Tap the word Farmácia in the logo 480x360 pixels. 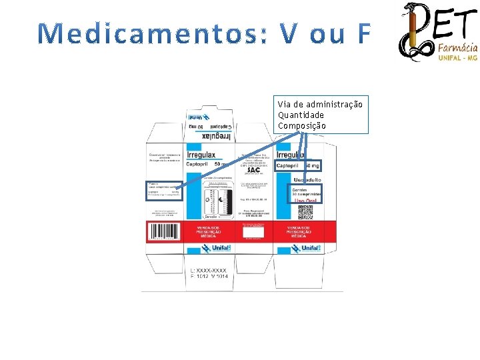click(457, 48)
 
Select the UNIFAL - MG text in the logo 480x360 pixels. click(458, 58)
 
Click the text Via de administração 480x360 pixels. click(320, 105)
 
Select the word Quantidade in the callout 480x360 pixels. click(301, 115)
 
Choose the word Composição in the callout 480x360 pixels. click(302, 125)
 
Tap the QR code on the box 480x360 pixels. click(305, 212)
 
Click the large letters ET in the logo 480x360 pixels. click(456, 23)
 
